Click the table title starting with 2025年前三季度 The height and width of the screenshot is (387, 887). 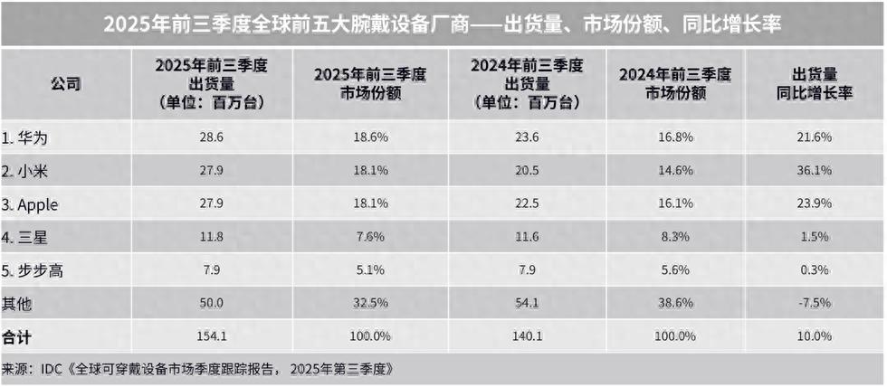tap(443, 24)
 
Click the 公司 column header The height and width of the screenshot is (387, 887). tap(65, 83)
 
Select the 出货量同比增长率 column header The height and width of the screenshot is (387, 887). tap(815, 83)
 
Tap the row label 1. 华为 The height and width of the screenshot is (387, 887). tap(30, 137)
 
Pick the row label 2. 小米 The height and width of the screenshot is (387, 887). tap(30, 171)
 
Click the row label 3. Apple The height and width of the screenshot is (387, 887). tap(33, 205)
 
